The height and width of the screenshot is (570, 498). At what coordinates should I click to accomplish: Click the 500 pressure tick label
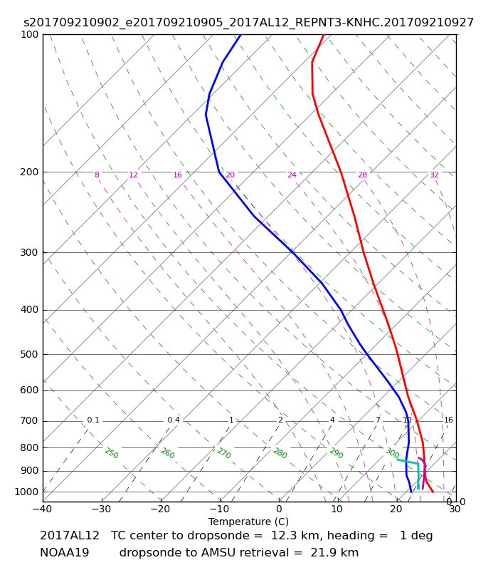(x=29, y=354)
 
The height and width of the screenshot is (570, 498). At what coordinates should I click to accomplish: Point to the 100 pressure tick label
(x=29, y=34)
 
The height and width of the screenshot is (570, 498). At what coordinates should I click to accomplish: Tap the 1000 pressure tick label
(x=26, y=492)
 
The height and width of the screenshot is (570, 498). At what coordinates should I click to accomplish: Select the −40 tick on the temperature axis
(x=43, y=509)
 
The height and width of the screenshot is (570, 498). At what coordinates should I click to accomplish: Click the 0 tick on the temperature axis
(x=279, y=509)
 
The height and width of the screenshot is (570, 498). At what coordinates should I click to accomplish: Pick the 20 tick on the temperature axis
(x=396, y=509)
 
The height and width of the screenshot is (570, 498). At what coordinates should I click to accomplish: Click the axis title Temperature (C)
(x=248, y=522)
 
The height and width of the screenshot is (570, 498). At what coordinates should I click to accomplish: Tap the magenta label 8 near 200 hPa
(x=97, y=175)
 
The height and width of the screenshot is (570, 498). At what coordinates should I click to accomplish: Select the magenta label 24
(x=292, y=175)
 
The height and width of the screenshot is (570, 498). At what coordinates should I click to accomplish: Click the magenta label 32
(x=434, y=175)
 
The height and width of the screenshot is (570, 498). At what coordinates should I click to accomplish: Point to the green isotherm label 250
(x=112, y=453)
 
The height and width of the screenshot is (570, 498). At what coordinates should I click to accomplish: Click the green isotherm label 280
(x=280, y=453)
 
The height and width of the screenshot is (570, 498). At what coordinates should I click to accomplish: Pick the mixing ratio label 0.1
(x=93, y=420)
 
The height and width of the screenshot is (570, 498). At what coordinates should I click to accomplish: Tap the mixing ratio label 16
(x=448, y=420)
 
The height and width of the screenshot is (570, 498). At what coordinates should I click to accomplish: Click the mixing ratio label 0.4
(x=174, y=420)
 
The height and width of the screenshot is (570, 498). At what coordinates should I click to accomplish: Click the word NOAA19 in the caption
(x=64, y=553)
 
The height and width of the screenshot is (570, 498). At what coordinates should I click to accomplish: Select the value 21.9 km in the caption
(x=334, y=553)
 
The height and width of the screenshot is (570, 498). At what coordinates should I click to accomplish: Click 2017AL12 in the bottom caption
(x=70, y=536)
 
